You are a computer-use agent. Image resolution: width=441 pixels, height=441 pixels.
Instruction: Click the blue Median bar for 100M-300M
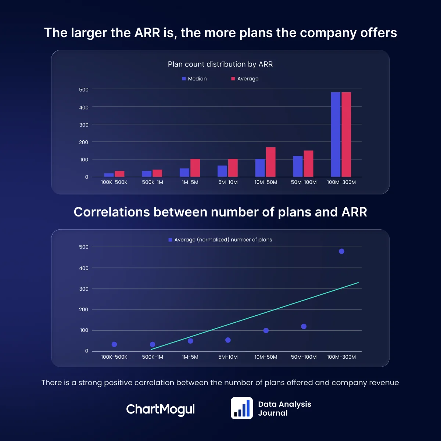[335, 135]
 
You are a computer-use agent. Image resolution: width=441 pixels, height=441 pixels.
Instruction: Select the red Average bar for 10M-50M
[270, 162]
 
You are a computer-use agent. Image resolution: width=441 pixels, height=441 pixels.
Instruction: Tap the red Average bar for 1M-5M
[195, 168]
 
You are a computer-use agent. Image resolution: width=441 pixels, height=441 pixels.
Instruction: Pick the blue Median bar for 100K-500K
[109, 175]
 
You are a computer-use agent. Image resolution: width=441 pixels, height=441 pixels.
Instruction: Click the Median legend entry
[194, 79]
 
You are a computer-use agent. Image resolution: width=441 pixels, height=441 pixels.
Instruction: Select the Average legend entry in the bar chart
[245, 79]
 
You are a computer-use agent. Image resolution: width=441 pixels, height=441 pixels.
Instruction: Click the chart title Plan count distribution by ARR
[220, 64]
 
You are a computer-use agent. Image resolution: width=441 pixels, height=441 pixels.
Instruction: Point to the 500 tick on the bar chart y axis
[84, 90]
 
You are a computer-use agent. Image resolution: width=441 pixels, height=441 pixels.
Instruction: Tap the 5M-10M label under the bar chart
[228, 182]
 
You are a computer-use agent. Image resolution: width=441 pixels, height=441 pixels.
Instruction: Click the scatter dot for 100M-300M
[341, 251]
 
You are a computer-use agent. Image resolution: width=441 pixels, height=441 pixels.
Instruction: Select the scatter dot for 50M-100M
[304, 326]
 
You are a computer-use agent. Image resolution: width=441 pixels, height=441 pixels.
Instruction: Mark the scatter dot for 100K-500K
[114, 344]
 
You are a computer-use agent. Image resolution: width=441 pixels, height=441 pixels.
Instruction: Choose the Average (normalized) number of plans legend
[220, 240]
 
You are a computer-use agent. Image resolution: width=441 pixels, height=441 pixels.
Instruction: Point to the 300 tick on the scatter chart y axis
[84, 289]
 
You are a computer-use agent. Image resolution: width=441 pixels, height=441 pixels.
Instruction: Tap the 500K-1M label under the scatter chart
[153, 357]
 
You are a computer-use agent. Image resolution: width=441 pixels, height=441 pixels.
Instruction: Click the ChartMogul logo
[160, 409]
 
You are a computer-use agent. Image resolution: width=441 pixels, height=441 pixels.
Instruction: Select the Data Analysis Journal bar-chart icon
[242, 408]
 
